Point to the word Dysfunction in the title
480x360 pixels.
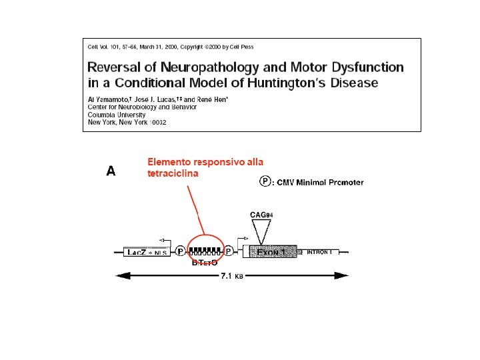365,67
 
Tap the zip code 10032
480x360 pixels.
157,122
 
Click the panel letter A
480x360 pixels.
111,171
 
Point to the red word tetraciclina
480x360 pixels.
173,173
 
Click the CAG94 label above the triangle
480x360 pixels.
261,215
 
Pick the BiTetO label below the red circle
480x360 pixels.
205,263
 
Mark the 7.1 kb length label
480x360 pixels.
232,276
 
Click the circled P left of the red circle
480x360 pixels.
181,252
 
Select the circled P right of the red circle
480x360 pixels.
228,252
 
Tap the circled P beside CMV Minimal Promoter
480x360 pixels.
265,181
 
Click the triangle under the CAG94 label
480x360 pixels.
261,230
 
